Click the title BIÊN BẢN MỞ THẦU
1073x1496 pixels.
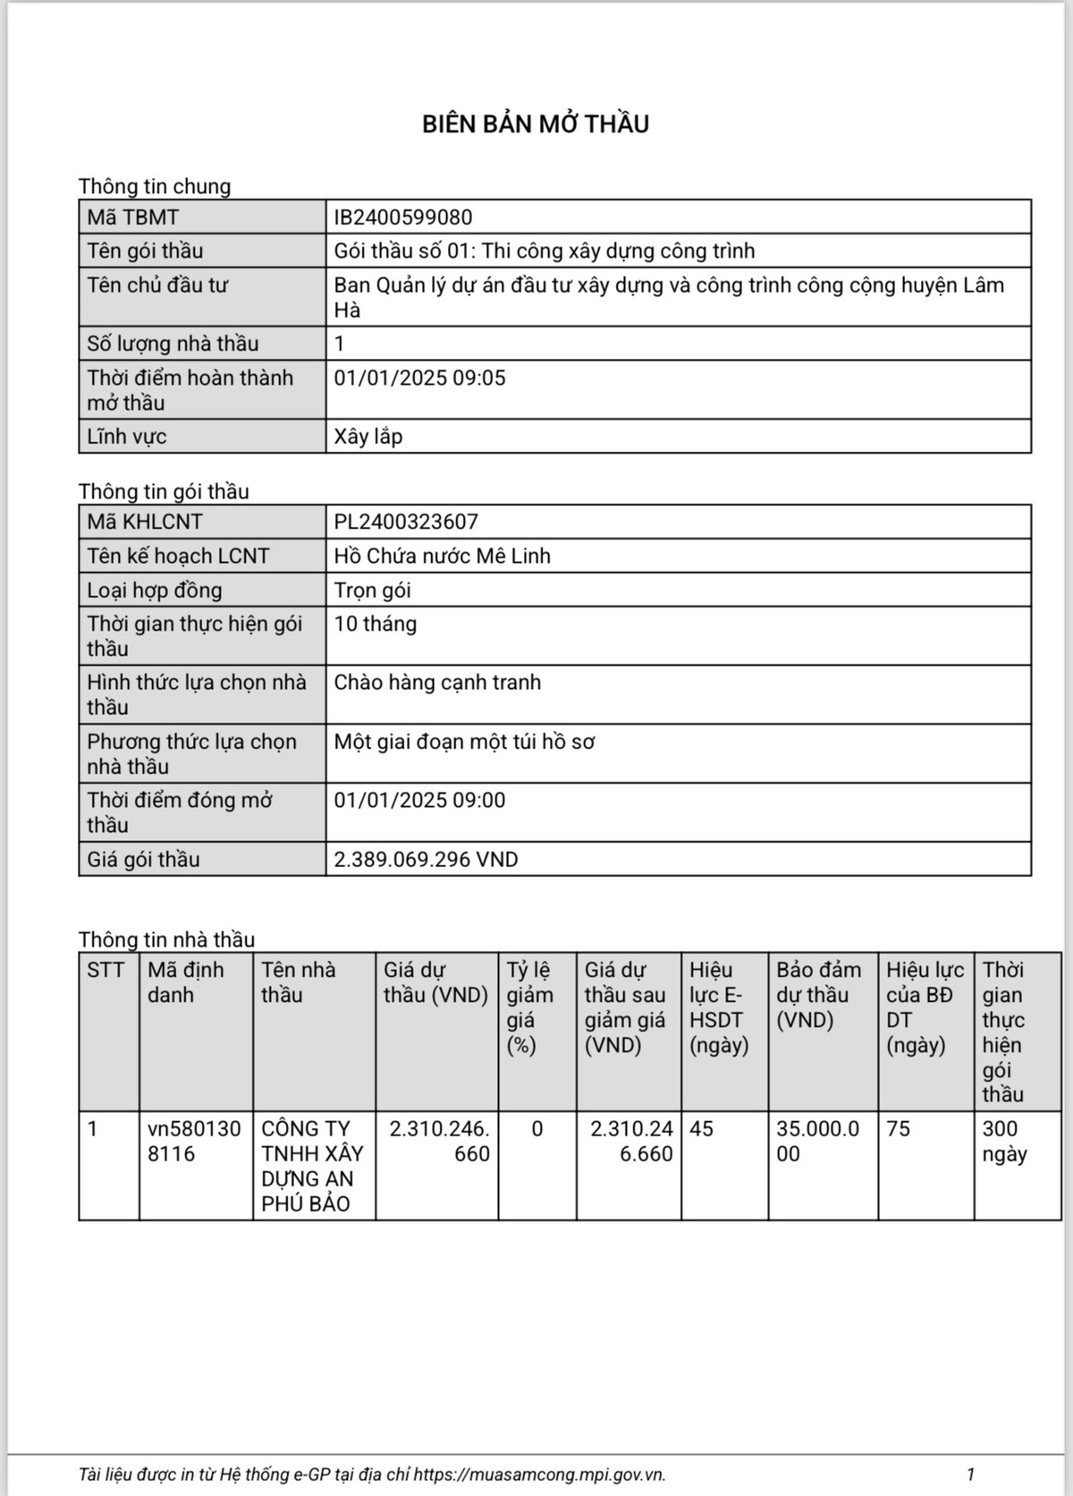click(x=536, y=123)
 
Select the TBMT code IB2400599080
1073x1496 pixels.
click(x=402, y=217)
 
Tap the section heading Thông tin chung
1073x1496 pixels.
click(x=155, y=186)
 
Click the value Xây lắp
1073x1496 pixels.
click(x=368, y=437)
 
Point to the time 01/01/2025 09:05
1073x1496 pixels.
click(x=419, y=378)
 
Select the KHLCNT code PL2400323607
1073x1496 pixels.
click(x=406, y=522)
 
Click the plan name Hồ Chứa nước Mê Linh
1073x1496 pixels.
click(x=442, y=556)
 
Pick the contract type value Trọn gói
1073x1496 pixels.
click(x=372, y=590)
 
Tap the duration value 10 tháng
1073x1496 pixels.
click(x=375, y=624)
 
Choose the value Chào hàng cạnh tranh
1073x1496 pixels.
click(x=437, y=683)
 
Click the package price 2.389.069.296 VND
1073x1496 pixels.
click(x=426, y=860)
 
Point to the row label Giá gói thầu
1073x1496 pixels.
click(x=143, y=860)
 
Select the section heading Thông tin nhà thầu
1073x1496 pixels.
click(x=166, y=939)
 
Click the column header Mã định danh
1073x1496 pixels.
click(x=186, y=982)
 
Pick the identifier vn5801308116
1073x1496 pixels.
click(x=194, y=1141)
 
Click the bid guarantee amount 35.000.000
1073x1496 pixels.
click(x=817, y=1141)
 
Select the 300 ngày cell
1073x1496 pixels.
click(x=1004, y=1141)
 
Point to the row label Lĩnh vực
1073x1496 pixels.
click(x=127, y=437)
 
